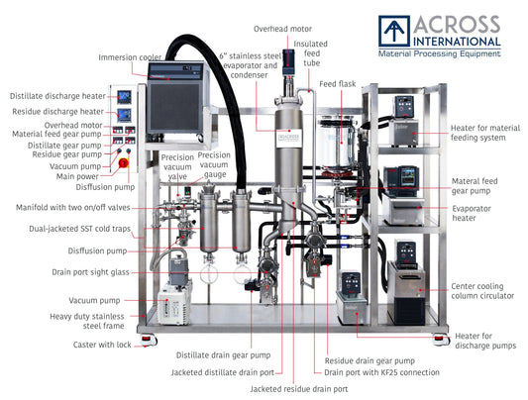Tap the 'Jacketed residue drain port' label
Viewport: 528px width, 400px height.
(x=298, y=388)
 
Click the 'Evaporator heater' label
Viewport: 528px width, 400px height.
(x=475, y=214)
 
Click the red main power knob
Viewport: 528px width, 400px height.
(x=124, y=160)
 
